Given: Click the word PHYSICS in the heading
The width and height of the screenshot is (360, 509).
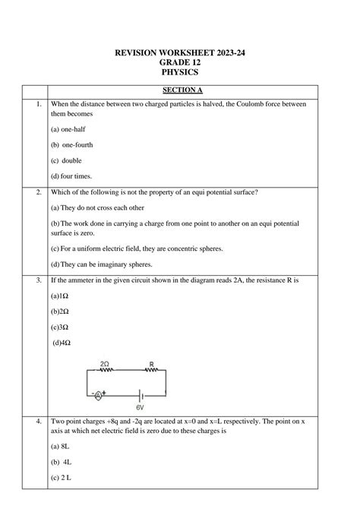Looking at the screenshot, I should pyautogui.click(x=180, y=72).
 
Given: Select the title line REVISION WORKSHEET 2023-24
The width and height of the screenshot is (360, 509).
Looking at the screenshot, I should pyautogui.click(x=180, y=52).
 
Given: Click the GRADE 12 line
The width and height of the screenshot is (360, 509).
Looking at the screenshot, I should pyautogui.click(x=180, y=62).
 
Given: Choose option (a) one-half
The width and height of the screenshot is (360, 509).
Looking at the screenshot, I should pyautogui.click(x=68, y=129).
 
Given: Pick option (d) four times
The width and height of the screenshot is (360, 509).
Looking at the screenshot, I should pyautogui.click(x=71, y=176).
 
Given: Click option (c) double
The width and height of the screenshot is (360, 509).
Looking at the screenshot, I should pyautogui.click(x=66, y=160).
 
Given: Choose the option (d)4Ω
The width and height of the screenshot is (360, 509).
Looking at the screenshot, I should pyautogui.click(x=62, y=343).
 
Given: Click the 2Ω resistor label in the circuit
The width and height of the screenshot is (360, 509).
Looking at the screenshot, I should pyautogui.click(x=105, y=365).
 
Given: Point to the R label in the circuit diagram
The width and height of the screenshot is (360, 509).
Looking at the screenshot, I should pyautogui.click(x=152, y=365).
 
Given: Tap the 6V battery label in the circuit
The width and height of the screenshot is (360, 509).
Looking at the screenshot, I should pyautogui.click(x=139, y=406).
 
